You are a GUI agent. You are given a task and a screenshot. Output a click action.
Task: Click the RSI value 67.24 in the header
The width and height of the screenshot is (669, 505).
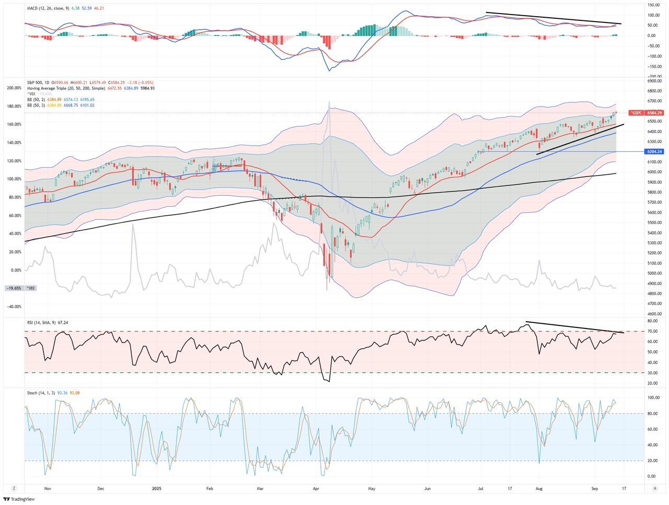coord(63,323)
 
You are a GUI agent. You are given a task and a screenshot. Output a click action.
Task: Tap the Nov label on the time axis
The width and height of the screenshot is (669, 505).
coord(48,489)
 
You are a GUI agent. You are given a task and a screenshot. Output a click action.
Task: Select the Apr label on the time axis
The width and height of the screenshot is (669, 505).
coord(316,489)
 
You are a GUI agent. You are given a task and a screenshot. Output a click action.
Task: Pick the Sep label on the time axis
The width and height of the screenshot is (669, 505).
coord(595,489)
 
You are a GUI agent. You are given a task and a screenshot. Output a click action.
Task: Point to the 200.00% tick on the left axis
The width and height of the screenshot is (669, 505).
coord(14,88)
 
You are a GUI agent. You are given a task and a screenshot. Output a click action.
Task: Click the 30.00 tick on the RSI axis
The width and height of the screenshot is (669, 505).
coord(652,373)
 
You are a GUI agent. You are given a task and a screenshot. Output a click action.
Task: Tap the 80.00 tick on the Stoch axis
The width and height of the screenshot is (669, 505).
coord(652,414)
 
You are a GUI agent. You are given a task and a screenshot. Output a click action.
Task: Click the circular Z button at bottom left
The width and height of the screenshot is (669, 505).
coord(14,488)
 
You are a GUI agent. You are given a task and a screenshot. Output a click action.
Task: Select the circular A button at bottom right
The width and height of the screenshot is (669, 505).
coord(655,488)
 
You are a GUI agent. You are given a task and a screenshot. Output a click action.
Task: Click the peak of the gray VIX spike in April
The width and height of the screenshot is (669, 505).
coord(329,102)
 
